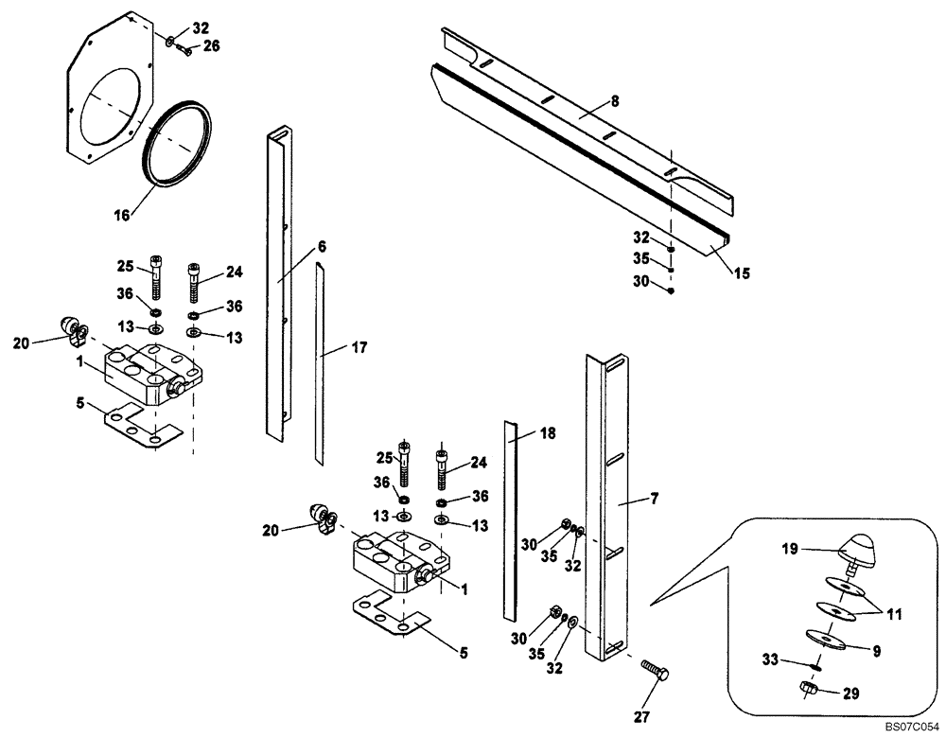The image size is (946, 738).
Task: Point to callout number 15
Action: coord(741,273)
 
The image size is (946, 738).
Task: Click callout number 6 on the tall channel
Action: coord(322,246)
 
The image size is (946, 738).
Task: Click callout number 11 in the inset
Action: coord(892,614)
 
